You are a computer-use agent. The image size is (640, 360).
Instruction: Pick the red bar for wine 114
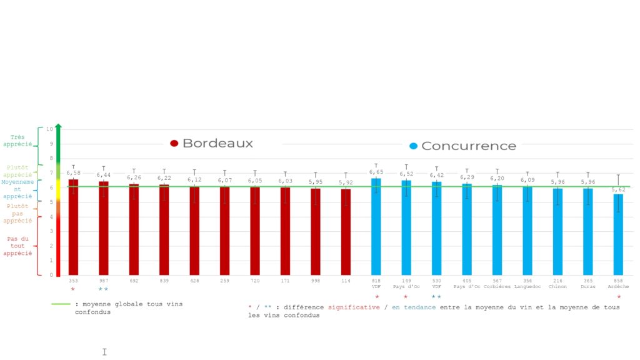[x=346, y=232]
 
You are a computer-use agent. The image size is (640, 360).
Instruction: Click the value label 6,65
[x=376, y=172]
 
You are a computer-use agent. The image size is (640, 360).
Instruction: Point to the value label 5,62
[x=618, y=189]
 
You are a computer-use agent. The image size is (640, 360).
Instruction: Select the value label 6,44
[x=104, y=175]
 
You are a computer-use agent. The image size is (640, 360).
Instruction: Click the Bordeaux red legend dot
[x=174, y=143]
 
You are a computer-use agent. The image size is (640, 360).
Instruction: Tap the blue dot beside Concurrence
[x=413, y=146]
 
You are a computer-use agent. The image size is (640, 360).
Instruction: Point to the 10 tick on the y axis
[x=50, y=129]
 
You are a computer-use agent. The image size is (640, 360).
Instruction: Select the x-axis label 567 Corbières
[x=497, y=284]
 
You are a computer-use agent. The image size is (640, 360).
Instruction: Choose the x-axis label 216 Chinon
[x=557, y=284]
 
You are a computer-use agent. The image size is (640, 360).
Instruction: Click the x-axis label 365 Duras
[x=587, y=284]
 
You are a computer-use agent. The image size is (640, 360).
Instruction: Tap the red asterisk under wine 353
[x=73, y=289]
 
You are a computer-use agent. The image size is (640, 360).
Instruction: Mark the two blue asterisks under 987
[x=103, y=289]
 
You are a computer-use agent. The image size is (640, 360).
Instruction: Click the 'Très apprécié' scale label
[x=17, y=141]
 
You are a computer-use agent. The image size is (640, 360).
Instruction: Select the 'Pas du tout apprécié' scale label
[x=17, y=246]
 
